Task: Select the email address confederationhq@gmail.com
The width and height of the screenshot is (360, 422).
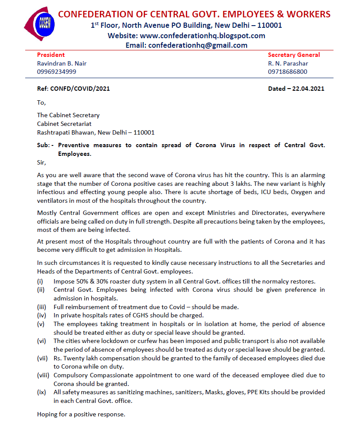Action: point(198,45)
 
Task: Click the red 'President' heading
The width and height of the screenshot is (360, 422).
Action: point(51,55)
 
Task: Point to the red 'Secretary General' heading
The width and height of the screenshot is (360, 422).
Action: point(294,55)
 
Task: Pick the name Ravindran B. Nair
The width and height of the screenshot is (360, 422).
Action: point(62,63)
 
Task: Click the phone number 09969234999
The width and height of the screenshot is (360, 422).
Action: point(56,72)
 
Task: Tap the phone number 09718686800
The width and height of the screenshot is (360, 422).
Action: point(287,72)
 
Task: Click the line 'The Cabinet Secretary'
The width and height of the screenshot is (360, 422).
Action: point(68,115)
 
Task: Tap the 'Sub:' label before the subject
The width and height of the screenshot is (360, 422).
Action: point(44,145)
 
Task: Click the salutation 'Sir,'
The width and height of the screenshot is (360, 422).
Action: point(41,162)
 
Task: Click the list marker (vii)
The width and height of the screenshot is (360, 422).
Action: point(42,358)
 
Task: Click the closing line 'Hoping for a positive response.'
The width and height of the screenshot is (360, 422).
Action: point(81,414)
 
